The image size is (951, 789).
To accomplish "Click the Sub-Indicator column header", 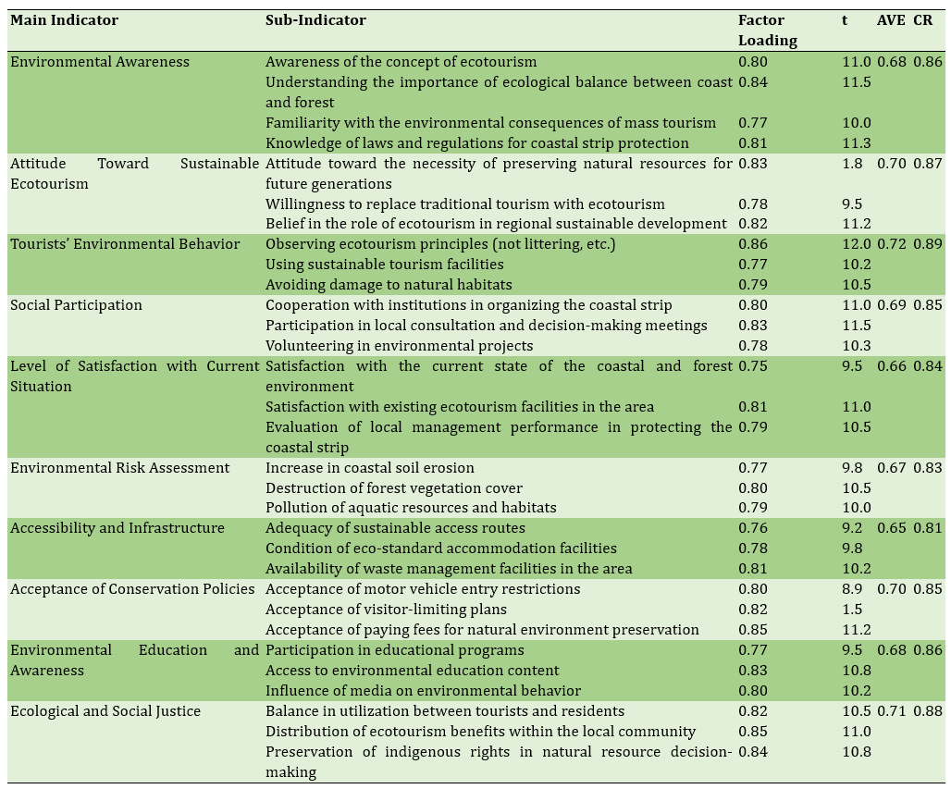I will [315, 20].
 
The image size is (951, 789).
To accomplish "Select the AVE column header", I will [891, 20].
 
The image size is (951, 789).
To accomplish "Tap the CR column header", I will [922, 20].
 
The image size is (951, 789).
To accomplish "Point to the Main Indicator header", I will [64, 20].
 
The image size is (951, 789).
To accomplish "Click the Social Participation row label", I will [76, 305].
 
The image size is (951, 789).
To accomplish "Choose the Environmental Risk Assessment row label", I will [119, 468].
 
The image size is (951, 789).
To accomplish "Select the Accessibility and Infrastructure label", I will [117, 528].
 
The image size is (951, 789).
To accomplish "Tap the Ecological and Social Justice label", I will [105, 711].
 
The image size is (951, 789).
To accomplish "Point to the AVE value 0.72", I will [891, 244].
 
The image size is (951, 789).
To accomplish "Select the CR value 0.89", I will [927, 244].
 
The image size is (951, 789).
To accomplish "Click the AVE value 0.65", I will [891, 528].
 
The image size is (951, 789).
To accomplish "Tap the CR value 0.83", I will [927, 468].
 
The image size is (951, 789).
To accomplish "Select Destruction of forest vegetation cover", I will [393, 488].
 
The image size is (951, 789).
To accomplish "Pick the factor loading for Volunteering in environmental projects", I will [752, 346].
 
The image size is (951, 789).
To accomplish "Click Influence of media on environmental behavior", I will [423, 691].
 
